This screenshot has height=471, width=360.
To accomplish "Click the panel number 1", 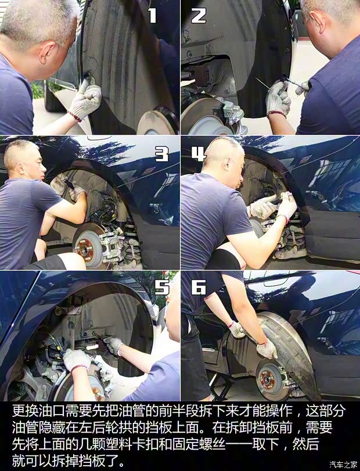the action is coord(153,15).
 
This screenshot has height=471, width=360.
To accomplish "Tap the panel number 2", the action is coord(199,15).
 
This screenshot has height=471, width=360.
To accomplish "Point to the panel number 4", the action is coord(199,154).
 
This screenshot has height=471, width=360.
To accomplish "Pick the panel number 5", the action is coord(162,287).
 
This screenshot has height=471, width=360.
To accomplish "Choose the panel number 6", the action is coord(199,287).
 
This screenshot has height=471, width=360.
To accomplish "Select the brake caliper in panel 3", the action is coord(110,243).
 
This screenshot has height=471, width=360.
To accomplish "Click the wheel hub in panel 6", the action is coord(267,379).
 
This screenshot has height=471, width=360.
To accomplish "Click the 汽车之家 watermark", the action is coord(343,465).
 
